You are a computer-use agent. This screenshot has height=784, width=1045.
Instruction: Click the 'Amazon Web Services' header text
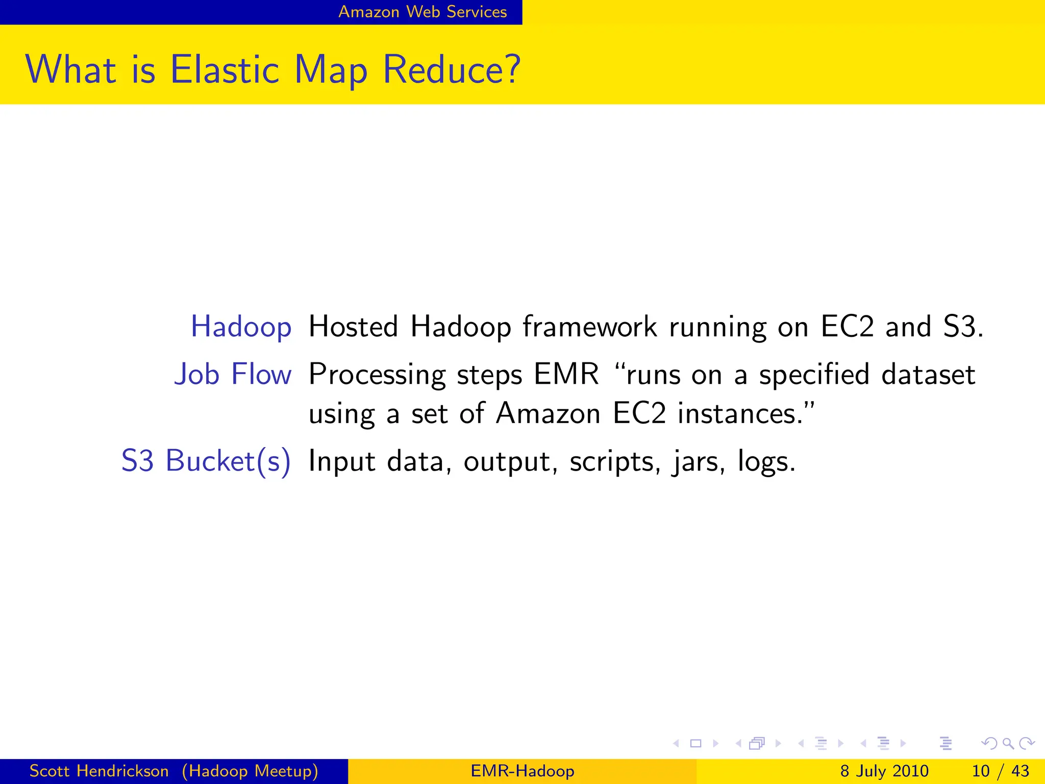422,11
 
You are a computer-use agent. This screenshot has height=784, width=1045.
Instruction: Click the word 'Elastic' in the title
225,69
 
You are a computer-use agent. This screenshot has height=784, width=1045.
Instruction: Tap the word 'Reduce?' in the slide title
451,69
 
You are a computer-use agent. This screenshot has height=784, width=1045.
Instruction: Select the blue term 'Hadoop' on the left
241,327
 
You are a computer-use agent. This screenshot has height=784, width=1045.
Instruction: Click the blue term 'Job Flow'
233,374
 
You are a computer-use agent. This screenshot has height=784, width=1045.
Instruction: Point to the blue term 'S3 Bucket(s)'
206,461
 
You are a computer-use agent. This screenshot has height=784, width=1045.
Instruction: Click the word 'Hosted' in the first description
353,327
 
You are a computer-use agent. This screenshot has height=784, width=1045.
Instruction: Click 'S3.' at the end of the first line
962,327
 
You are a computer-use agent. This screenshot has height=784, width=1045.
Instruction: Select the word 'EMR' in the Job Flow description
566,374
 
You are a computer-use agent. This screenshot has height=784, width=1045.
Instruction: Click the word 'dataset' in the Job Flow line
928,374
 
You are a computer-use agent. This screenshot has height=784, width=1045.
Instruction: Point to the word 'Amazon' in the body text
548,413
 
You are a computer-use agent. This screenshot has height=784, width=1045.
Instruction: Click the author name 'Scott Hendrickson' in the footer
99,771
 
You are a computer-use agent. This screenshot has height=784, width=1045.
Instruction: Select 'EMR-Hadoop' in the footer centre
522,771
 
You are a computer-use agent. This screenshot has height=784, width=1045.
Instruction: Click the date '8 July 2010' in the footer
884,771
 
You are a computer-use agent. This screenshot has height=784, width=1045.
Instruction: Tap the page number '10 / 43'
1000,771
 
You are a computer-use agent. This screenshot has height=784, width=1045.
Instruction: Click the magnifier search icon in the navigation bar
1008,744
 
